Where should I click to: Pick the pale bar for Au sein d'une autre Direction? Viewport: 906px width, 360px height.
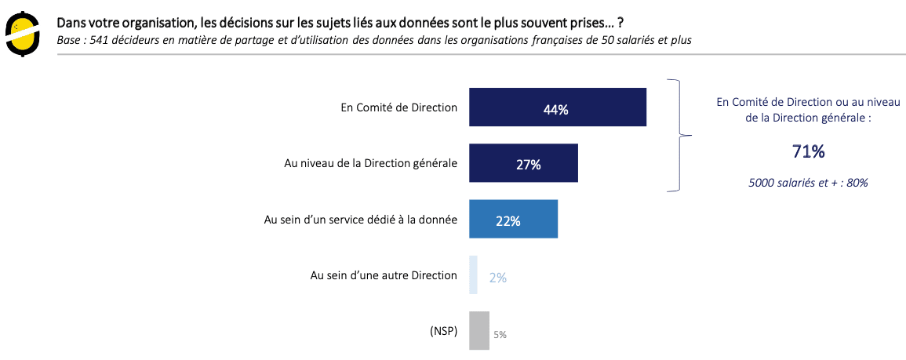tap(473, 275)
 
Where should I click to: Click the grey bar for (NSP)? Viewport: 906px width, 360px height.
tap(478, 330)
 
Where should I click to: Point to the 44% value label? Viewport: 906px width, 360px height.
tap(555, 110)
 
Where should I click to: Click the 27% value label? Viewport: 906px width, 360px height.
tap(528, 165)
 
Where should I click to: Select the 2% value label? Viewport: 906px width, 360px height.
tap(497, 278)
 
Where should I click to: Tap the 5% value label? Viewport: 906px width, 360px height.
tap(500, 335)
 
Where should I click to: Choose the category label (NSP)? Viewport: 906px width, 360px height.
tap(443, 331)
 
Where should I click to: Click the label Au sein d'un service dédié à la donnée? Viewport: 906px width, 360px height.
tap(360, 220)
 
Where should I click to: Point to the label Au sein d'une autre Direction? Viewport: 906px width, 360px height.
tap(384, 275)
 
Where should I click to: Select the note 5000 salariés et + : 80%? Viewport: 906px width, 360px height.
tap(807, 183)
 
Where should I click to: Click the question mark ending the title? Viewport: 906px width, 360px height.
tap(620, 22)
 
